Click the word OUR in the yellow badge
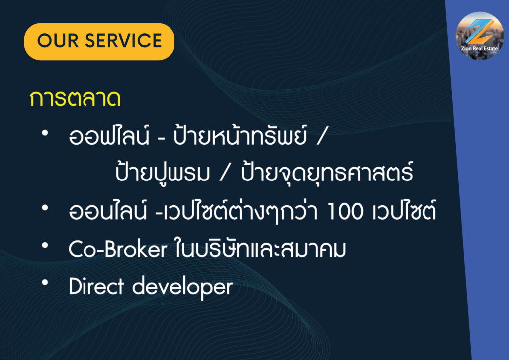58,41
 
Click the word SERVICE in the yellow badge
123,41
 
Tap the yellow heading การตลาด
75,98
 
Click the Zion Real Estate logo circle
480,36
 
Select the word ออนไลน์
108,210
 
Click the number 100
345,212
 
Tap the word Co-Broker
117,249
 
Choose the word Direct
96,286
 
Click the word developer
182,287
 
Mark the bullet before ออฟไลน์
45,133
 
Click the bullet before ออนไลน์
45,208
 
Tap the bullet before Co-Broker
45,246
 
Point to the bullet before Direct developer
45,283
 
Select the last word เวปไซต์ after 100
404,210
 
